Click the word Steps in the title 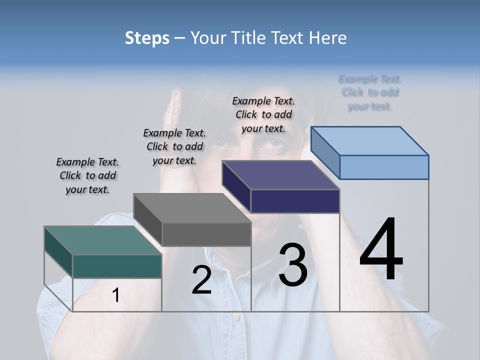(x=147, y=38)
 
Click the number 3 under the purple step (x=292, y=264)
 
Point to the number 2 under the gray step (x=201, y=280)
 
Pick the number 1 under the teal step (x=116, y=295)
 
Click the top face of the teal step (x=102, y=240)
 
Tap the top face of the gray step (x=191, y=208)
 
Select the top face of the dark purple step (x=280, y=175)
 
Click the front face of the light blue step (x=384, y=167)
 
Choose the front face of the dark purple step (x=295, y=201)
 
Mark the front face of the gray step (x=206, y=234)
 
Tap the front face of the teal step (x=117, y=266)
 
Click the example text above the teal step (x=87, y=175)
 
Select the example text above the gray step (x=174, y=146)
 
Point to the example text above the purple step (x=263, y=114)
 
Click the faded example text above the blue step (x=370, y=92)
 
